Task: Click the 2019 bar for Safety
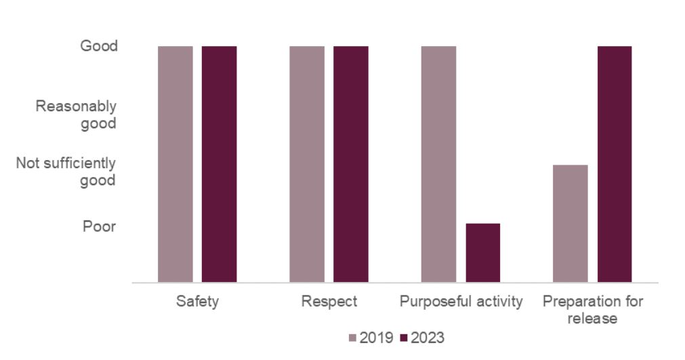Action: point(175,164)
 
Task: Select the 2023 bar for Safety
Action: point(219,164)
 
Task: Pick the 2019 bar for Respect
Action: point(307,164)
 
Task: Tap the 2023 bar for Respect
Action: point(350,164)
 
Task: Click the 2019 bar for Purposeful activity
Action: point(438,164)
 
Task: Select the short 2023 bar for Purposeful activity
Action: point(482,252)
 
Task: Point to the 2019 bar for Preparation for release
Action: point(570,223)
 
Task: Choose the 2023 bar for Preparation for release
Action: point(614,164)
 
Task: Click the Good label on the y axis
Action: point(99,46)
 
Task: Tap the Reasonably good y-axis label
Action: point(77,115)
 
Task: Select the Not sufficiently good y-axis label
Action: point(66,172)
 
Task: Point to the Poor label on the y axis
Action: point(100,226)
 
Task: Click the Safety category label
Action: point(197,302)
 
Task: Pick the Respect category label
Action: point(329,302)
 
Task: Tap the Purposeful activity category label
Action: point(461,302)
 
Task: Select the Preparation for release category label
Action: point(592,309)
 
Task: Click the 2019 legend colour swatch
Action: point(352,338)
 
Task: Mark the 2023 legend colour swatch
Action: point(404,338)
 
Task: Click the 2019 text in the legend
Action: point(375,338)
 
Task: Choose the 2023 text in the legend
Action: point(428,338)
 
